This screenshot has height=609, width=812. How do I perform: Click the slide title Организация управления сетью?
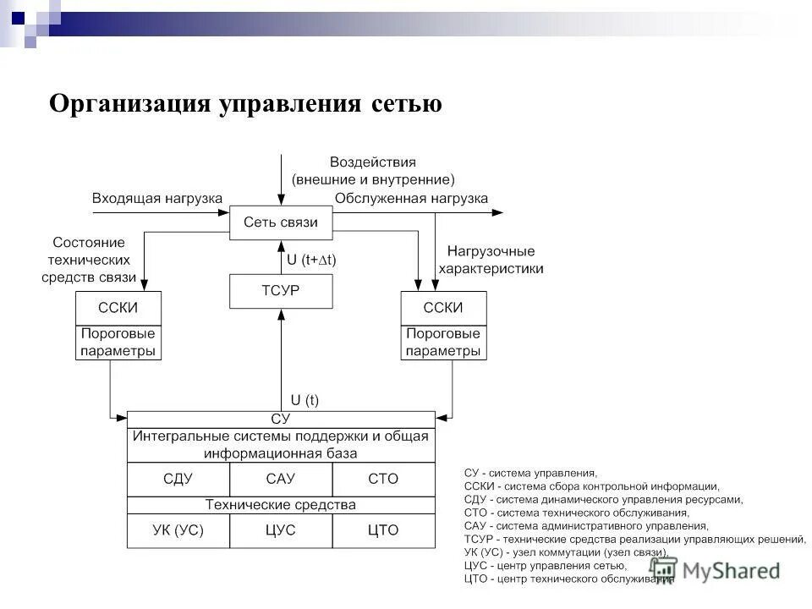coord(245,104)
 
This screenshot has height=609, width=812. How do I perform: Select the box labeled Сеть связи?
coord(281,222)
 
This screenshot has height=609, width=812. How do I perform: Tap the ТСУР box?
coord(281,291)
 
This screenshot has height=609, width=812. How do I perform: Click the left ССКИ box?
coord(118,308)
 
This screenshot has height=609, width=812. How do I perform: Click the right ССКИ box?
coord(443,308)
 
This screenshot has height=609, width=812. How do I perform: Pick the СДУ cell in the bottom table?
coord(178,479)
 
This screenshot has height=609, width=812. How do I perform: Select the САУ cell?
coord(281,479)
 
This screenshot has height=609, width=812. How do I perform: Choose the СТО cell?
coord(383,479)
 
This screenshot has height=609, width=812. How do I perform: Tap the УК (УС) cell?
coord(178,530)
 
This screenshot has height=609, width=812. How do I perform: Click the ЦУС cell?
coord(281,530)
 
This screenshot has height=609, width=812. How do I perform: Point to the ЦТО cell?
coord(383,530)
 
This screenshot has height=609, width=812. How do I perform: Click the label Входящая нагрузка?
coord(157,198)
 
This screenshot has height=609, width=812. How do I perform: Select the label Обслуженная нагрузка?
coord(411,198)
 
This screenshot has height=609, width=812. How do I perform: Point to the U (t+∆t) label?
coord(311,261)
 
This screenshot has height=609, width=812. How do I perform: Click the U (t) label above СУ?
coord(304,400)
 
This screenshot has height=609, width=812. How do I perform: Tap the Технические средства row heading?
coord(281,505)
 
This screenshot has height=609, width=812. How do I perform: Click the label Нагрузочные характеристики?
coord(491,260)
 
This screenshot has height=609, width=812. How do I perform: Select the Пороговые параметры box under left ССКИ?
coord(118,343)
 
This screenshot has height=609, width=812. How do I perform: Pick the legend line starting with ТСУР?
coord(634,539)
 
